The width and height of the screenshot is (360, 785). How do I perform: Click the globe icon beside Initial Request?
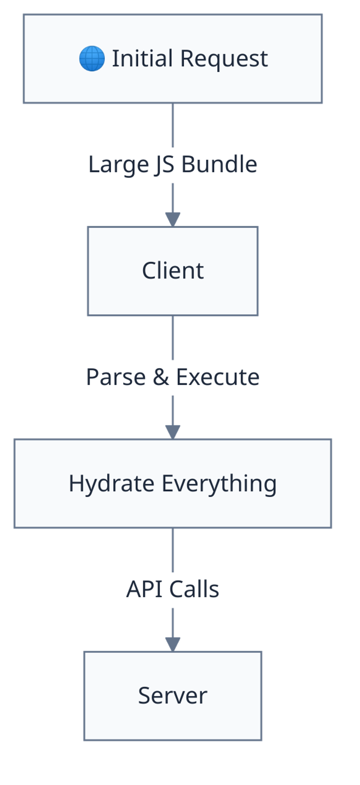[x=92, y=59]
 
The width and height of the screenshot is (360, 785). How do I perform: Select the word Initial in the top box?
[x=142, y=59]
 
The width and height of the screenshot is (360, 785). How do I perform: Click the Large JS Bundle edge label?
[x=173, y=165]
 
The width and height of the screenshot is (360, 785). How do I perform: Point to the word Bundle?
[x=219, y=165]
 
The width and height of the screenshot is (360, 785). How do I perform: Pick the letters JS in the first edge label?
[x=164, y=165]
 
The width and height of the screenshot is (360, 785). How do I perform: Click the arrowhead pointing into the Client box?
[x=173, y=219]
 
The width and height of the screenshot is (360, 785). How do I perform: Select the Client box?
[x=173, y=271]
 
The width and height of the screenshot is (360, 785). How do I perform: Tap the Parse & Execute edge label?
[x=173, y=377]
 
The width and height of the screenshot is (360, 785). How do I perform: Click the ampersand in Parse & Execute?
[x=161, y=377]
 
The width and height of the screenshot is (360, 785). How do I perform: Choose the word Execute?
[x=218, y=377]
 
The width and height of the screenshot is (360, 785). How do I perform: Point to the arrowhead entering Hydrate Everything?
[x=173, y=431]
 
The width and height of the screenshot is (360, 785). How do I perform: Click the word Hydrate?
[x=112, y=484]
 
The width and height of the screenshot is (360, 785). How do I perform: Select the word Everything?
[x=219, y=484]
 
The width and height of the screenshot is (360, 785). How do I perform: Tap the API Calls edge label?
[x=173, y=590]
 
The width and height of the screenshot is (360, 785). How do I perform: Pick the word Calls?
[x=194, y=590]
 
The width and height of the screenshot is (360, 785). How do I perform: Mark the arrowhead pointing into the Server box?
[x=173, y=644]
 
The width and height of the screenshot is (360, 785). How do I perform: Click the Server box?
[x=173, y=696]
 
